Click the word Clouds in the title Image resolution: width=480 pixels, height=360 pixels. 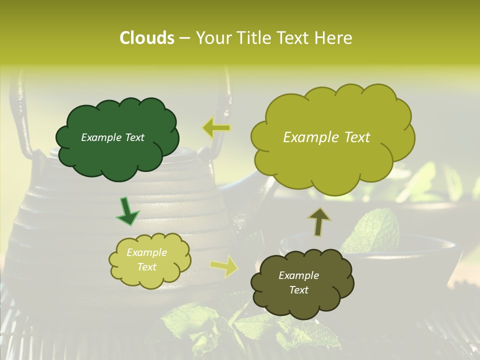click(146, 38)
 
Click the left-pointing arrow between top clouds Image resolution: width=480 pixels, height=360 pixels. click(216, 128)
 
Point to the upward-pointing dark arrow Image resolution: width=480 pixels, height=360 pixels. click(318, 221)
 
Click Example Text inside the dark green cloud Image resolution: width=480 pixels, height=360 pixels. click(112, 137)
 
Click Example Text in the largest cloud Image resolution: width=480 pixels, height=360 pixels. click(326, 137)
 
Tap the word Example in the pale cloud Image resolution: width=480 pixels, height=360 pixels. click(146, 252)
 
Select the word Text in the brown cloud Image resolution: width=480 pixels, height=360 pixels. click(298, 290)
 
